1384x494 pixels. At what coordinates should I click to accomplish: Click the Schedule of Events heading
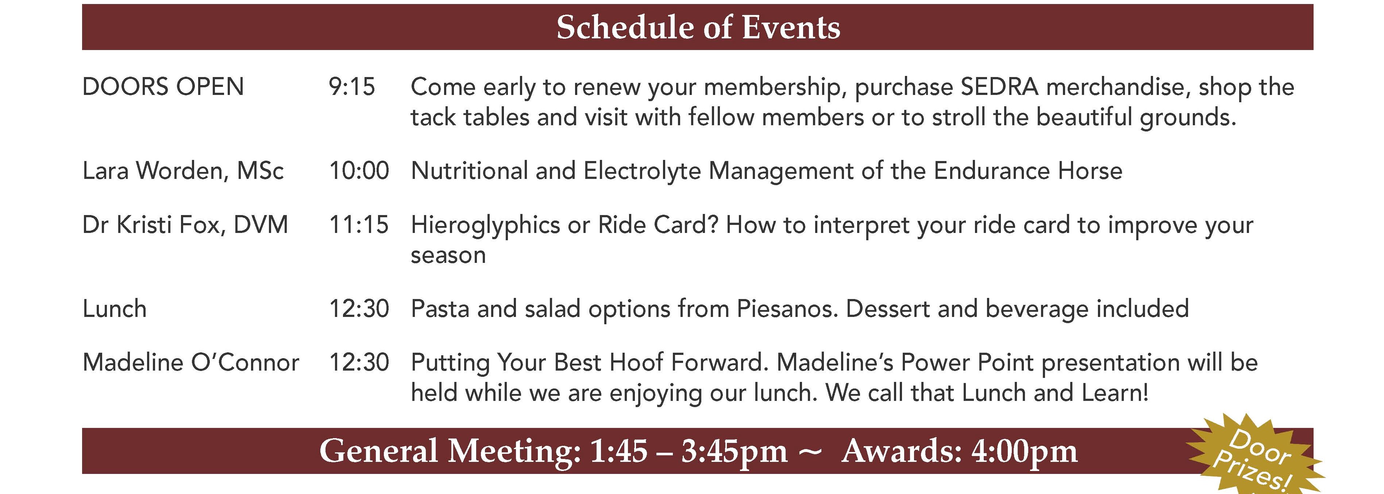click(698, 27)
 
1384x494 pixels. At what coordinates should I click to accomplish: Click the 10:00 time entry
click(359, 171)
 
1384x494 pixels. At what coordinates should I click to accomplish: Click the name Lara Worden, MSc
click(183, 171)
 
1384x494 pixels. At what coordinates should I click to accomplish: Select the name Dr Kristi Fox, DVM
click(185, 225)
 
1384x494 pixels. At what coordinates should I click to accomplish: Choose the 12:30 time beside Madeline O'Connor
click(359, 362)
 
